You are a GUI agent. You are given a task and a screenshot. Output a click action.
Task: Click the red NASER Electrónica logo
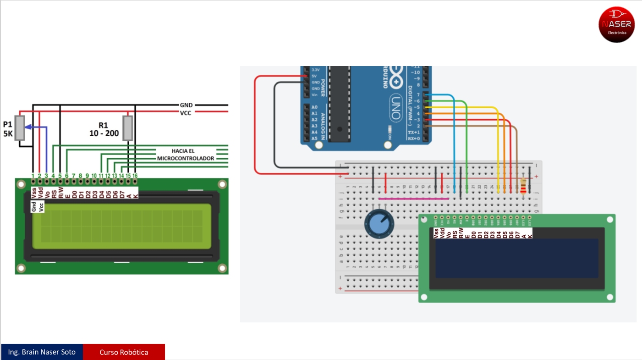(x=616, y=25)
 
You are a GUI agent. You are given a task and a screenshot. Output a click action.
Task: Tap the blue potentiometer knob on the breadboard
(x=379, y=224)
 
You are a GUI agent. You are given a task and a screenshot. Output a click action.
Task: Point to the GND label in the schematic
(x=186, y=105)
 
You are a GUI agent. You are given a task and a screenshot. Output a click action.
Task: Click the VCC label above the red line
(x=186, y=113)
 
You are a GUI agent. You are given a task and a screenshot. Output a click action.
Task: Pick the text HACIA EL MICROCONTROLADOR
(x=186, y=155)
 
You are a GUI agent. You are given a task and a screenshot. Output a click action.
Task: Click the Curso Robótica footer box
(x=124, y=352)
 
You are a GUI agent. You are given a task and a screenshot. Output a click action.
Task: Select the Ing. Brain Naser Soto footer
(x=42, y=352)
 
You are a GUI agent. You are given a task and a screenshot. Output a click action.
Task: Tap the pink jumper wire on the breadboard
(x=414, y=199)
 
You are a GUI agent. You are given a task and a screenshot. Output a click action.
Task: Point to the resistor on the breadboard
(x=523, y=186)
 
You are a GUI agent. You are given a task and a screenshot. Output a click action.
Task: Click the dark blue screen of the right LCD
(x=516, y=258)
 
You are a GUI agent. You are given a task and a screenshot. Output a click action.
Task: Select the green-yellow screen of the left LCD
(x=121, y=227)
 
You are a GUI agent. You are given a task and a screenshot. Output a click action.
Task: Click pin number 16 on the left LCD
(x=135, y=176)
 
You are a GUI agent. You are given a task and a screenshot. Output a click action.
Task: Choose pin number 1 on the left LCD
(x=33, y=176)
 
